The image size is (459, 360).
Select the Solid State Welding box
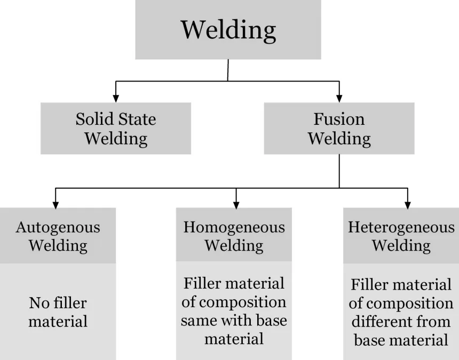point(116,129)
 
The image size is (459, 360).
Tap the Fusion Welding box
point(339,129)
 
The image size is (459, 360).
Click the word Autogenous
point(58,227)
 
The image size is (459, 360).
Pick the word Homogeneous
point(234,227)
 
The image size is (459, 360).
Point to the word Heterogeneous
point(401,228)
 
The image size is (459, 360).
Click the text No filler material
point(58,313)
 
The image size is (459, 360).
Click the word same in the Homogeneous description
point(200,321)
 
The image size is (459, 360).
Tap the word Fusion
point(339,119)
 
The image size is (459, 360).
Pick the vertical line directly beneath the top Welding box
point(228,70)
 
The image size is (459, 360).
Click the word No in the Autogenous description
point(38,303)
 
